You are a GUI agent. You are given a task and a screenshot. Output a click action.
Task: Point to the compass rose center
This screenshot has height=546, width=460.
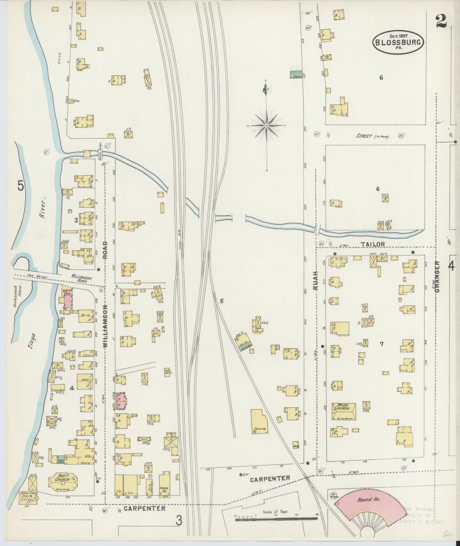coord(266,126)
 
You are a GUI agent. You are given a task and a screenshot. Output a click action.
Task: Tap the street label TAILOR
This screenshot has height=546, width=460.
coord(372,244)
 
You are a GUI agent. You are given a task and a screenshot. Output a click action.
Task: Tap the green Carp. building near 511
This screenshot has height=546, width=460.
coord(296,75)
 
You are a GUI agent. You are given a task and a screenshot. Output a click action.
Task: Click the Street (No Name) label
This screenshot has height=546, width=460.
coord(372,136)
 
